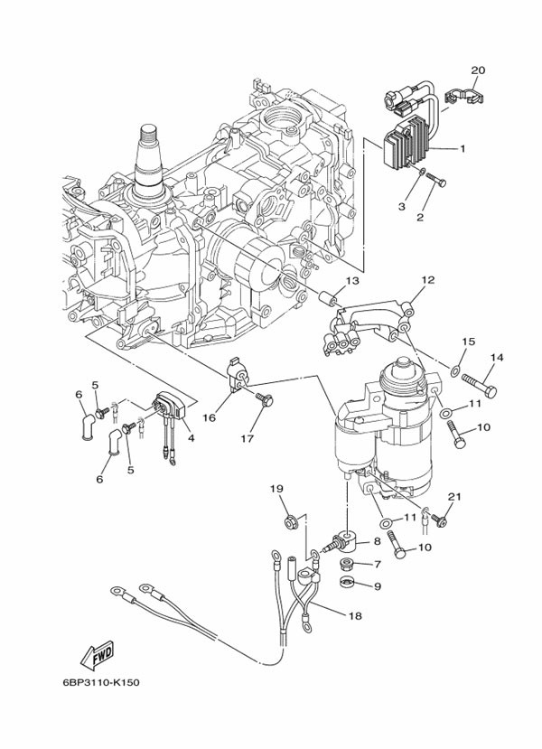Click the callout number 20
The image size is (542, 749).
pos(479,70)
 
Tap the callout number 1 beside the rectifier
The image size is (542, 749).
pos(463,148)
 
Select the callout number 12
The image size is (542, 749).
pos(427,280)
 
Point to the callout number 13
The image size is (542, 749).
pos(351,281)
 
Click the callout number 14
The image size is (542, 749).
pos(496,357)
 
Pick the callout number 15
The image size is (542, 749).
pos(469,342)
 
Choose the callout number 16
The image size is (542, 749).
pos(210,417)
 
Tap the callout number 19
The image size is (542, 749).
pos(276,489)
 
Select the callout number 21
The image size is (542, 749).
pos(454,496)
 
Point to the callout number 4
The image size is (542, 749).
pos(192,438)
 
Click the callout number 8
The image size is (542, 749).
pos(377,541)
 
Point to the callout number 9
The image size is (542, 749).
pos(377,585)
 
